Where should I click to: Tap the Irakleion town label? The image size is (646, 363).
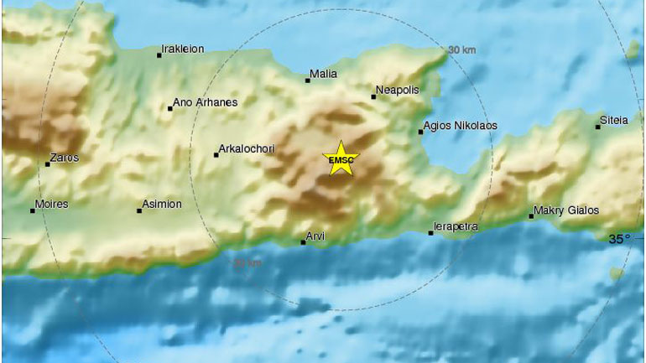click(x=185, y=49)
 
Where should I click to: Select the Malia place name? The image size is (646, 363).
click(x=323, y=75)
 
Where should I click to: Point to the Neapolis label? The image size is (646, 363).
click(x=398, y=90)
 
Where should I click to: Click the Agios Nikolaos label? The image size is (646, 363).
click(x=461, y=126)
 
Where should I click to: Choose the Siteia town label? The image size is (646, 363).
click(x=614, y=121)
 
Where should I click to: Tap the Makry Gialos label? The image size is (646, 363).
click(x=566, y=210)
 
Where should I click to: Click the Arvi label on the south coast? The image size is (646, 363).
click(x=315, y=237)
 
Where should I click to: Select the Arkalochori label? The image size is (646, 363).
click(x=247, y=150)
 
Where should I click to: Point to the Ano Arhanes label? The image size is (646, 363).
click(x=205, y=103)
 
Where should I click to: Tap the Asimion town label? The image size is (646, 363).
click(x=163, y=205)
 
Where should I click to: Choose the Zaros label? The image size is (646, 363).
click(x=64, y=158)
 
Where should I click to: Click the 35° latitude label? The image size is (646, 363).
click(x=619, y=239)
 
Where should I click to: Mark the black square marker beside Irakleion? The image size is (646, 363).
click(x=159, y=55)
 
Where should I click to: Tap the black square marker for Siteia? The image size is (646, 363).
click(x=598, y=127)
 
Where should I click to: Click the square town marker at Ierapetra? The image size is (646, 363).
click(x=431, y=233)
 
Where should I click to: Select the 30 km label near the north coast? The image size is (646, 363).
click(x=462, y=50)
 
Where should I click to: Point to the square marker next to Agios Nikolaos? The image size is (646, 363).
click(x=421, y=132)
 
